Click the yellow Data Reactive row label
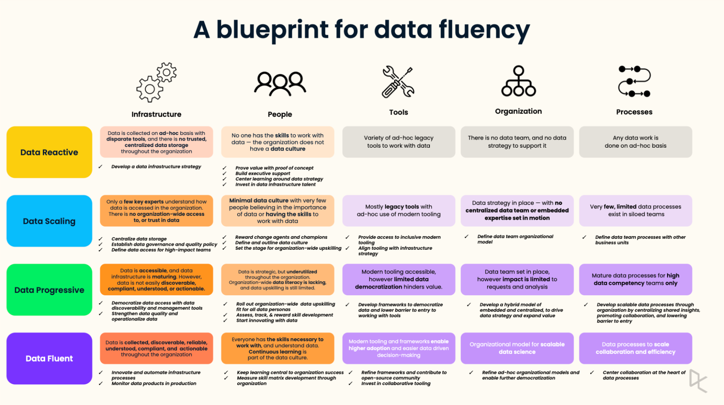(x=49, y=152)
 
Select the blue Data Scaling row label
(x=49, y=221)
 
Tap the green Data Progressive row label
(x=49, y=290)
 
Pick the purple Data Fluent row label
(x=49, y=358)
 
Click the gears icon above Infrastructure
(x=156, y=82)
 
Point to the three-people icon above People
(x=280, y=84)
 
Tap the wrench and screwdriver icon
(x=398, y=82)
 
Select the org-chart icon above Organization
(x=518, y=81)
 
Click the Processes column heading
(x=634, y=112)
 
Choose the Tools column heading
(x=398, y=112)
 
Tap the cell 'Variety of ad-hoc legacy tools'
(x=398, y=142)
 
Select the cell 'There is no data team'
(x=517, y=142)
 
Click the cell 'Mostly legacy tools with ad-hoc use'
(x=398, y=211)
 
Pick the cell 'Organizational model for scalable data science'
(x=517, y=348)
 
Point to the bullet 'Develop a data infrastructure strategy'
(x=156, y=166)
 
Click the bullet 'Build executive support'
(x=263, y=173)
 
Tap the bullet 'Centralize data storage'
(x=139, y=239)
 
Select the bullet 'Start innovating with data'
(x=267, y=320)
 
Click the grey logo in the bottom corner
(x=698, y=380)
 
